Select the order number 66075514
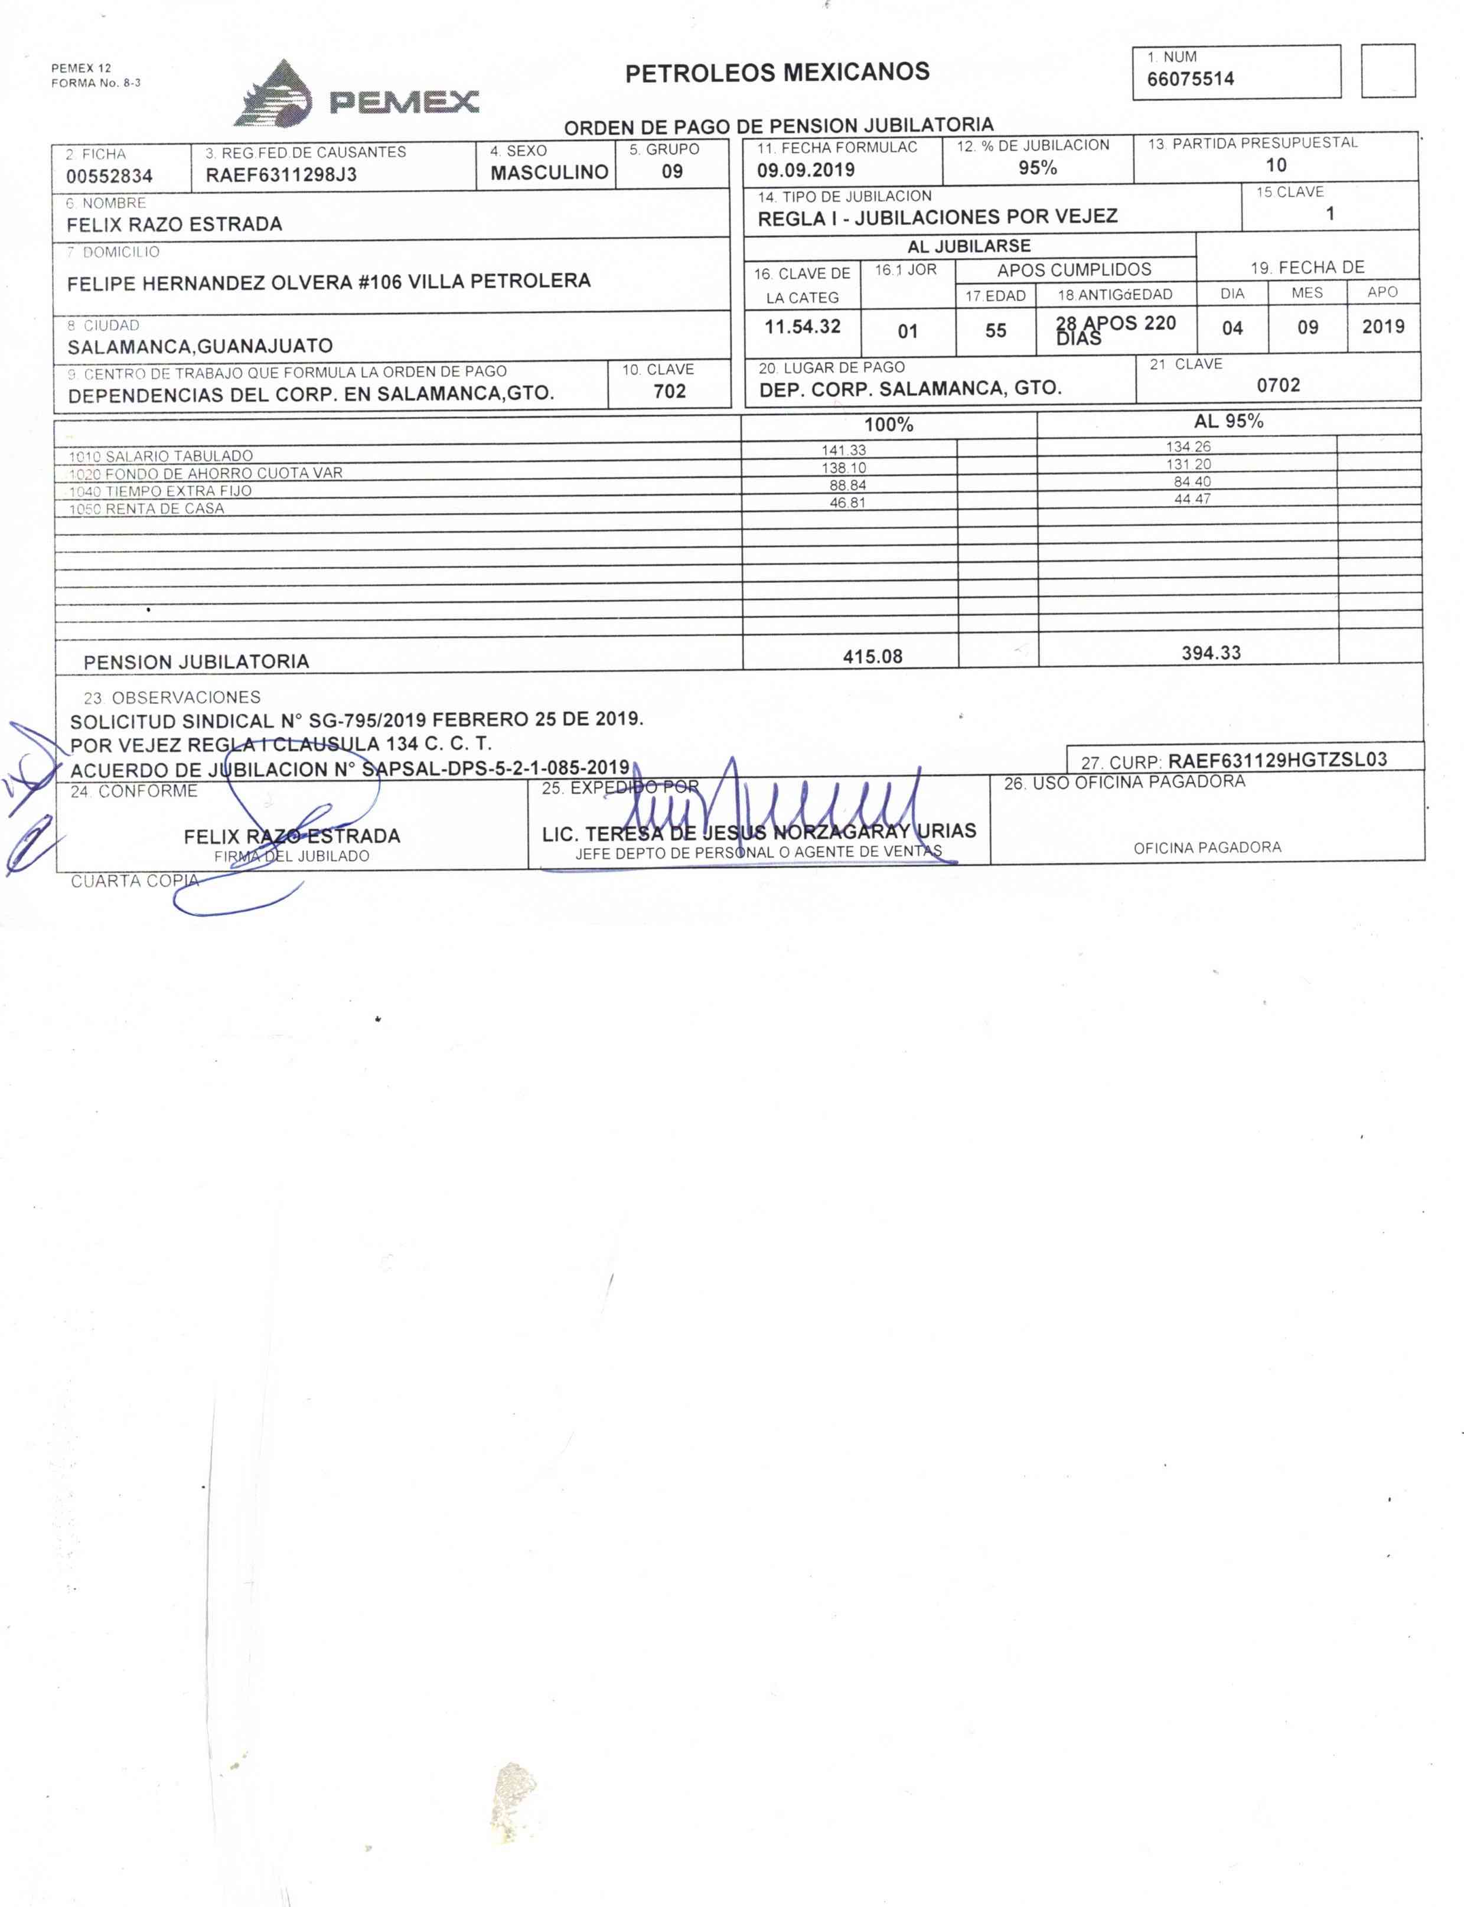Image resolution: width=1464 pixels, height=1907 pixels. pyautogui.click(x=1191, y=79)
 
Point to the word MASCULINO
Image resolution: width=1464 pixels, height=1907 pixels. pyautogui.click(x=549, y=172)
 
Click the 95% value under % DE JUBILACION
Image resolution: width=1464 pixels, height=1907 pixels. pyautogui.click(x=1037, y=168)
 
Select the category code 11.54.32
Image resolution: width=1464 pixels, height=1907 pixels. pyautogui.click(x=802, y=327)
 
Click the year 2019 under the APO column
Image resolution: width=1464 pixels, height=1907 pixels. pyautogui.click(x=1383, y=327)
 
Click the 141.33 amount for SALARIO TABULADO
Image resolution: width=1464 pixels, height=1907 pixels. pyautogui.click(x=843, y=451)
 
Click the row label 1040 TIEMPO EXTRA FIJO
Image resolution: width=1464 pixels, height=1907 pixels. pyautogui.click(x=161, y=491)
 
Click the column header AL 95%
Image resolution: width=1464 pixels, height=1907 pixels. pyautogui.click(x=1228, y=422)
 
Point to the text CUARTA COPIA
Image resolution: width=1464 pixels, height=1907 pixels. pyautogui.click(x=134, y=881)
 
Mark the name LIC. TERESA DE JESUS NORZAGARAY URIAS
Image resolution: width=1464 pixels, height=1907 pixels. pyautogui.click(x=758, y=832)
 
